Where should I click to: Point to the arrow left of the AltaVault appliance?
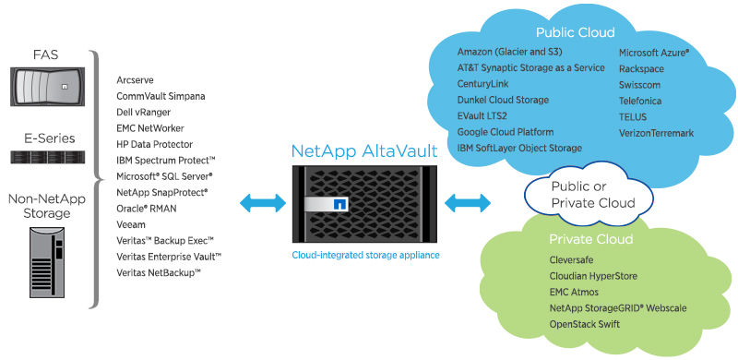(x=258, y=201)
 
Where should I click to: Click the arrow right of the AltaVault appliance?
(x=466, y=201)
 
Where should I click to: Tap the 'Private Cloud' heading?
(x=589, y=240)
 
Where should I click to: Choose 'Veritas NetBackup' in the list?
(x=159, y=272)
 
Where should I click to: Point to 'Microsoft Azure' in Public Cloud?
(x=654, y=54)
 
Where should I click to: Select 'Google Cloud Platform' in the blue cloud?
(x=506, y=132)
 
